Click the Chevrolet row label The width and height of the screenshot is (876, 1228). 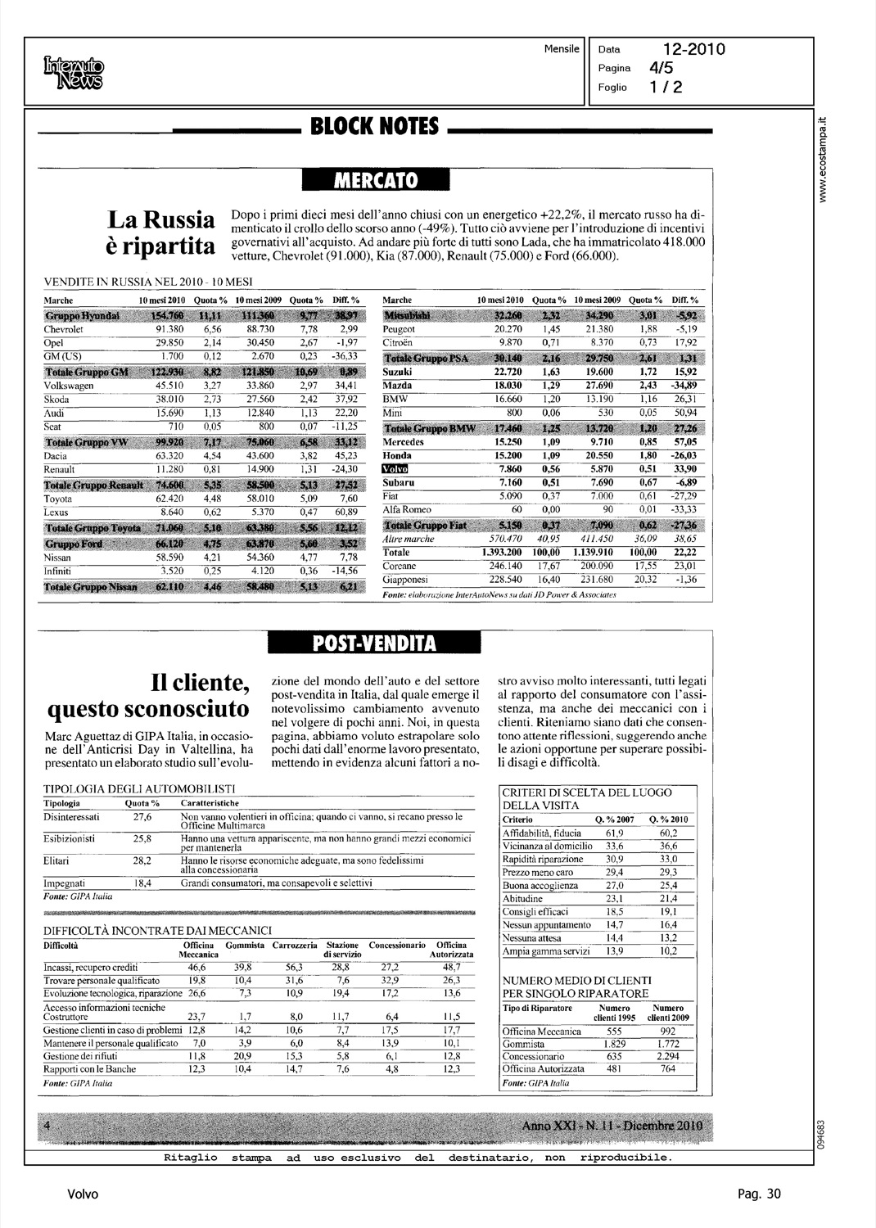[63, 329]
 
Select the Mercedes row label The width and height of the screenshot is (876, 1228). [403, 442]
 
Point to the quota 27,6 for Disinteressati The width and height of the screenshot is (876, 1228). [142, 817]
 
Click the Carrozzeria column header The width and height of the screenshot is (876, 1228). [295, 945]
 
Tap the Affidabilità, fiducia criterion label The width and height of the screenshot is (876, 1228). [542, 833]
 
